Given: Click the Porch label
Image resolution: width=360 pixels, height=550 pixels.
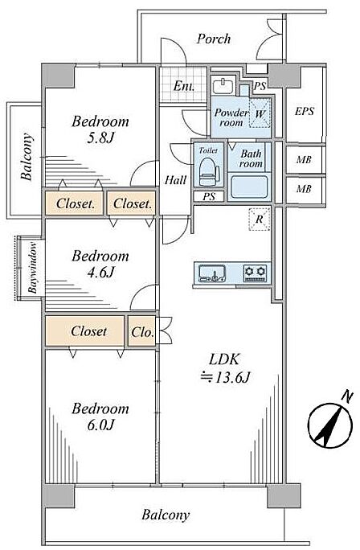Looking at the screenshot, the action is (214, 39).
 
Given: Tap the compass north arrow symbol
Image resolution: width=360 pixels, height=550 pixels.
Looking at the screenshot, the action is (330, 424).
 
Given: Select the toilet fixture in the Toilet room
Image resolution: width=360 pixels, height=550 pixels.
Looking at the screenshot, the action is (207, 170).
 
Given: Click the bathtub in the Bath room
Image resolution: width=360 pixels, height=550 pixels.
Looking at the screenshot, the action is (249, 187).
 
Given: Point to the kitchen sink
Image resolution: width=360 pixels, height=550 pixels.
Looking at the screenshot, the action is (212, 273).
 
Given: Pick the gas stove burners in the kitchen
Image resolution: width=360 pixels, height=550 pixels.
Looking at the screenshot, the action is (256, 273).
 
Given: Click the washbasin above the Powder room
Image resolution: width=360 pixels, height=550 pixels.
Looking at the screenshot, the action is (223, 86).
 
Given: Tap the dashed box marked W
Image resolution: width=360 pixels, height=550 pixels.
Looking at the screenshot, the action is (260, 113).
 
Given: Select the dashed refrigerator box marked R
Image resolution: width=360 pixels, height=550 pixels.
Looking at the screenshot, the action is (260, 220).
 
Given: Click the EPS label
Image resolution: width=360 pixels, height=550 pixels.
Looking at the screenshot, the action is (305, 112).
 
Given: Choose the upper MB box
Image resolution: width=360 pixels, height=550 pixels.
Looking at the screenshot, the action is (305, 159).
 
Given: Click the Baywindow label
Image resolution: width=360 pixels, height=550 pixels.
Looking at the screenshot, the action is (33, 267).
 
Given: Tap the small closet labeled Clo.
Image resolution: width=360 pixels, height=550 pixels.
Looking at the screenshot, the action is (142, 331).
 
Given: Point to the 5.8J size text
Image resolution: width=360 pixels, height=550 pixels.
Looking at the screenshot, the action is (100, 138).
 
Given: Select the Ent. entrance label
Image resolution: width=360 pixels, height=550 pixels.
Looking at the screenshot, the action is (184, 86).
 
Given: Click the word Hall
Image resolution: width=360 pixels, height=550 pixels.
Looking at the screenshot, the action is (176, 180).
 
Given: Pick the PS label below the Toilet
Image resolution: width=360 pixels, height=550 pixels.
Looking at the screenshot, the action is (209, 197).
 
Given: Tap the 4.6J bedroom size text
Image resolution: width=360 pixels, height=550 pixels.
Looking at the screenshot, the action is (100, 272).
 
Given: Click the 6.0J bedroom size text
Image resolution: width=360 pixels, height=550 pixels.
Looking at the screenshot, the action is (100, 425).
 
